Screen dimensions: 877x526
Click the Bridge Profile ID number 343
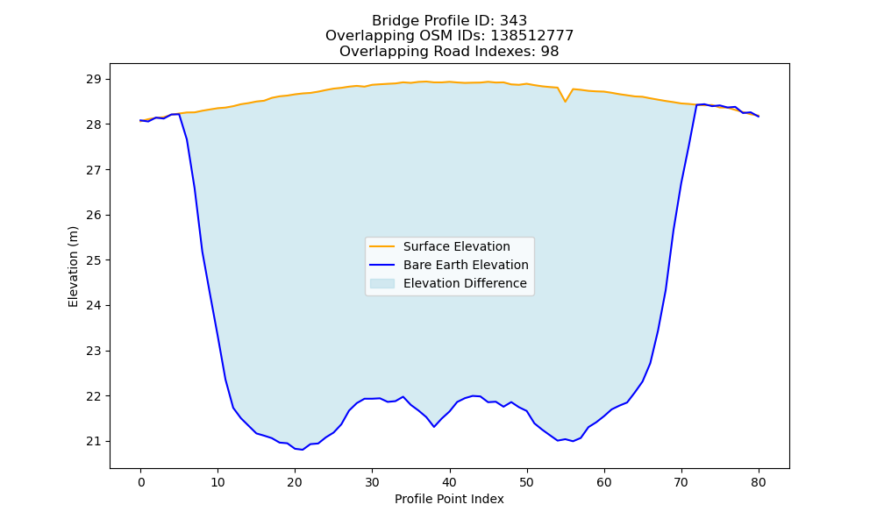(513, 21)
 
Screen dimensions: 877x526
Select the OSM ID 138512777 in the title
(532, 36)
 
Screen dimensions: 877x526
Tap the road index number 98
(550, 52)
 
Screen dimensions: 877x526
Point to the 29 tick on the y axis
(94, 79)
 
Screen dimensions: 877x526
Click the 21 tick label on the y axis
(94, 442)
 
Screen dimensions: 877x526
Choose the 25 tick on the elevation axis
(94, 260)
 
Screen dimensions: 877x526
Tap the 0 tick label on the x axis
(141, 482)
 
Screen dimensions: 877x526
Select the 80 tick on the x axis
(759, 482)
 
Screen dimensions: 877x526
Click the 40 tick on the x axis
(450, 482)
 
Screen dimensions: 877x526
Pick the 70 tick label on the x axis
(681, 482)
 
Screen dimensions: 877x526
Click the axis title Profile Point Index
(449, 499)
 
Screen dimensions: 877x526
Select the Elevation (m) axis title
(74, 267)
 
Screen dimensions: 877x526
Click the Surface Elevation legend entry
(456, 246)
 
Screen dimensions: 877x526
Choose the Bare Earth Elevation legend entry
(466, 265)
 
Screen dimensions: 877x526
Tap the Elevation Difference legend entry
(465, 283)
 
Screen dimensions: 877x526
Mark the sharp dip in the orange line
(566, 101)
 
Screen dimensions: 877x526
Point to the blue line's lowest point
(303, 450)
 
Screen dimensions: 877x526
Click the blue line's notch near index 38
(434, 427)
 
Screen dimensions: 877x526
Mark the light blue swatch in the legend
(382, 283)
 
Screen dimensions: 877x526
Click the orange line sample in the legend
(382, 246)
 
